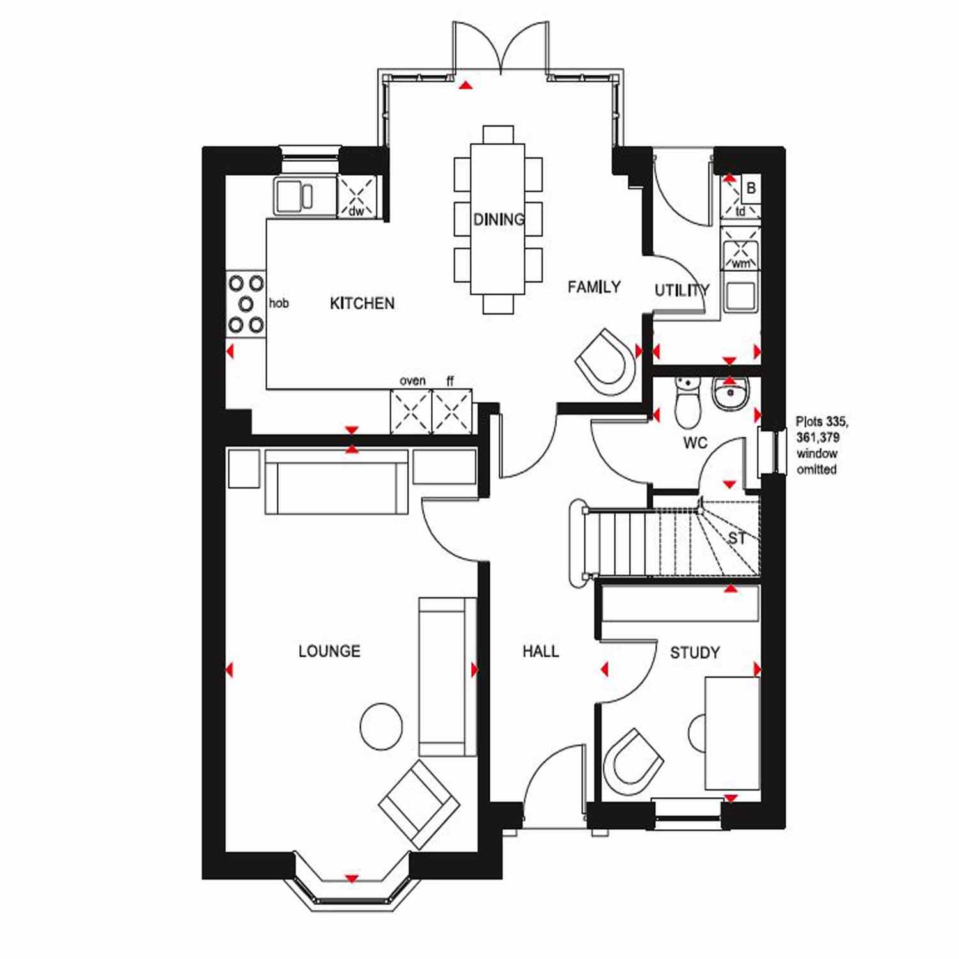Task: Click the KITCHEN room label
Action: tap(362, 303)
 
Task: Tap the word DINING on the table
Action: tap(499, 219)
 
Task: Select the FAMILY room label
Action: tap(594, 287)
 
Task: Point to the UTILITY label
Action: tap(682, 291)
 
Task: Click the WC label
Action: tap(695, 442)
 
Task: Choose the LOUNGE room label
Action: tap(329, 651)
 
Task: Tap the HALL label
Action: tap(540, 651)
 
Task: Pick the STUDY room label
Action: tap(694, 653)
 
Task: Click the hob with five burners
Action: tap(246, 304)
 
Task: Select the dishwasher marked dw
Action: tap(356, 196)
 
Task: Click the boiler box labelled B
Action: tap(751, 189)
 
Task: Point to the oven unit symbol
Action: tap(411, 411)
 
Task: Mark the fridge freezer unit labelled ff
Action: tap(452, 411)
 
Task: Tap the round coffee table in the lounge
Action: tap(382, 726)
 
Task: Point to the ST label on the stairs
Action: tap(737, 539)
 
